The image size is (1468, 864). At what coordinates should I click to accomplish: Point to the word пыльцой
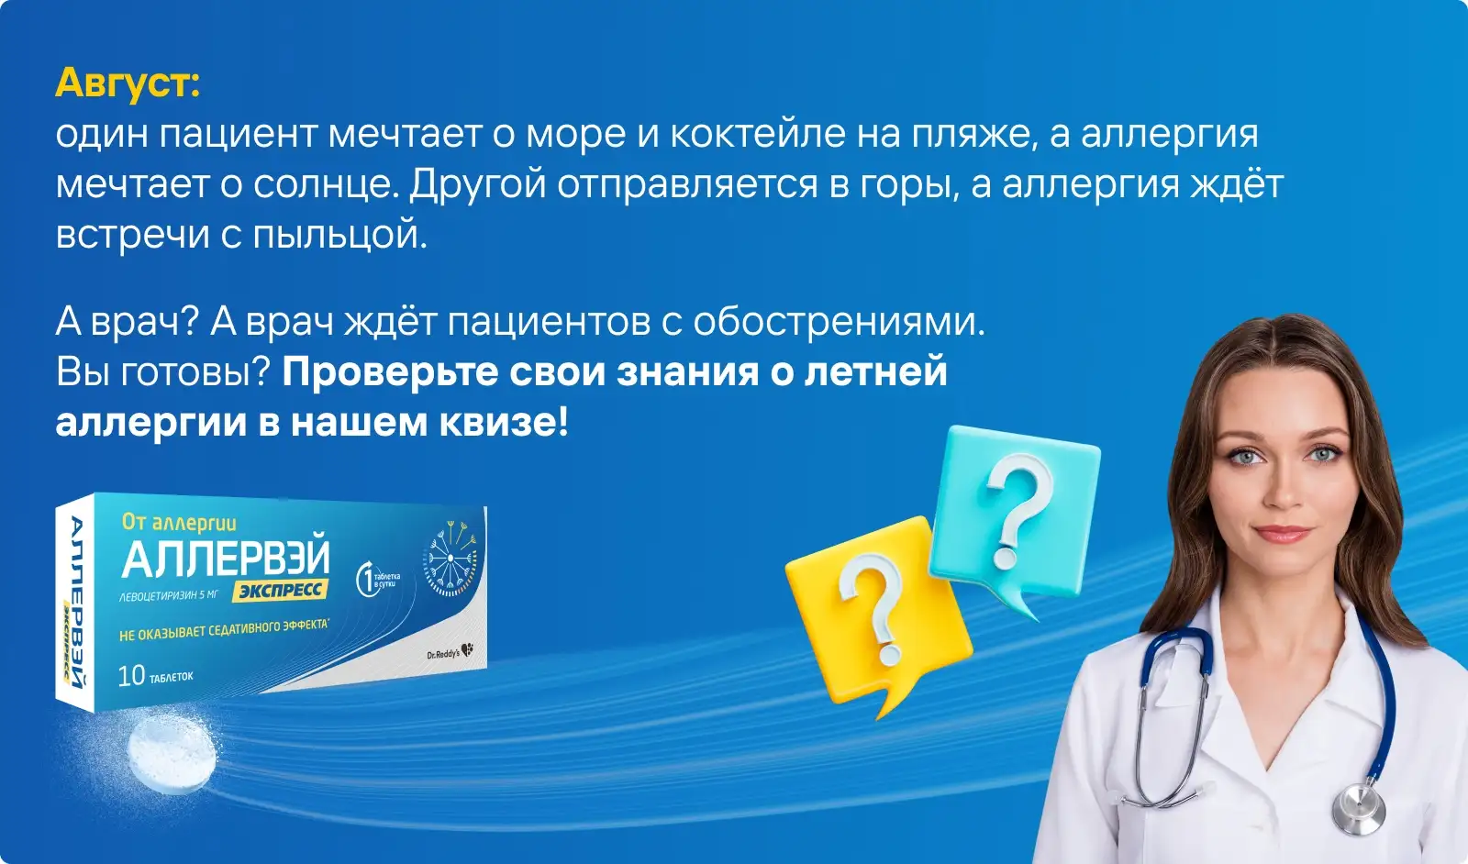[x=340, y=235]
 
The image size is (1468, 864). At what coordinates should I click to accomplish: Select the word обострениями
[x=839, y=322]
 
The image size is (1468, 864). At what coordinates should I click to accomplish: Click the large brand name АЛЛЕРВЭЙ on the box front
[x=226, y=558]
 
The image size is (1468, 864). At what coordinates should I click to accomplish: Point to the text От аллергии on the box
[x=179, y=522]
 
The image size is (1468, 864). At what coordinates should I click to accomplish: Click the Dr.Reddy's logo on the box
[x=450, y=652]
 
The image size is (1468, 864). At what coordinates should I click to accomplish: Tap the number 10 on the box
[x=131, y=676]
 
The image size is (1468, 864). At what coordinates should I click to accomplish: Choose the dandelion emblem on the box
[x=450, y=558]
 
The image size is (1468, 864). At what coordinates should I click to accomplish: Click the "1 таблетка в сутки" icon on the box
[x=377, y=579]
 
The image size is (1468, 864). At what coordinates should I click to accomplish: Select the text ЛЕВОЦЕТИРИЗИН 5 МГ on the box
[x=169, y=595]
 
